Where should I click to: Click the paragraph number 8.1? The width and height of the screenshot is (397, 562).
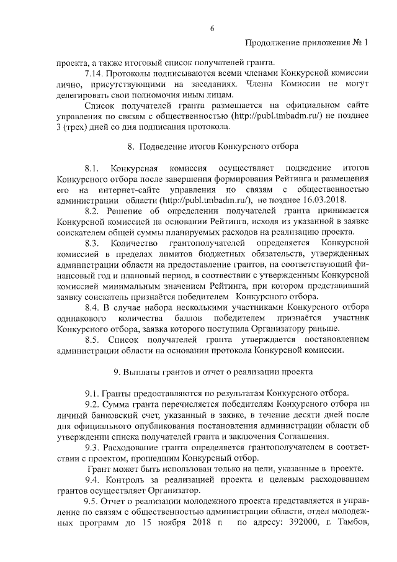pos(94,168)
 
